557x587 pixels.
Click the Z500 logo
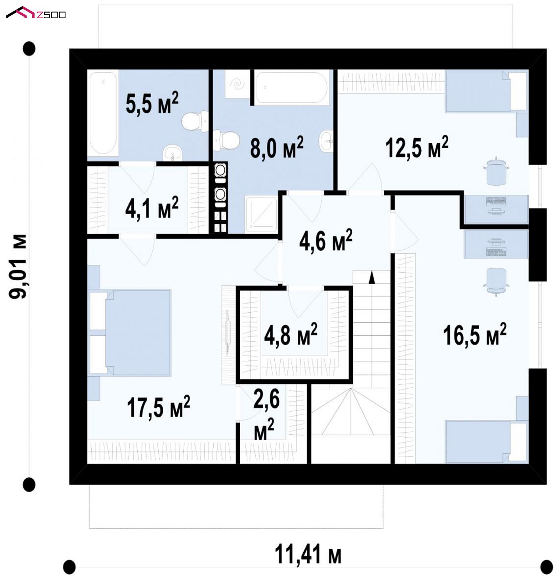(x=36, y=13)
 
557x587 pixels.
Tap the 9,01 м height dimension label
(x=17, y=267)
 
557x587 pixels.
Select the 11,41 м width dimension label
(x=308, y=554)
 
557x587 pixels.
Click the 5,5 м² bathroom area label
(x=152, y=103)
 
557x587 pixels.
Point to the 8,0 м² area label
(x=277, y=147)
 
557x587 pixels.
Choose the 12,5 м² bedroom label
(x=417, y=147)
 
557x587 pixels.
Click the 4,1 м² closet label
(x=152, y=208)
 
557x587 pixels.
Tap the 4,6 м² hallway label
(x=326, y=241)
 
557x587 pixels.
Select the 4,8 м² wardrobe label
(x=291, y=334)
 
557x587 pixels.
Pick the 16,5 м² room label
(x=475, y=335)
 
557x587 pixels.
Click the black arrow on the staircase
(x=372, y=277)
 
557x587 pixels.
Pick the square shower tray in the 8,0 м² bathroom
(x=261, y=214)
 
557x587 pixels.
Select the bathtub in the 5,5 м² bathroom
(x=103, y=113)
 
